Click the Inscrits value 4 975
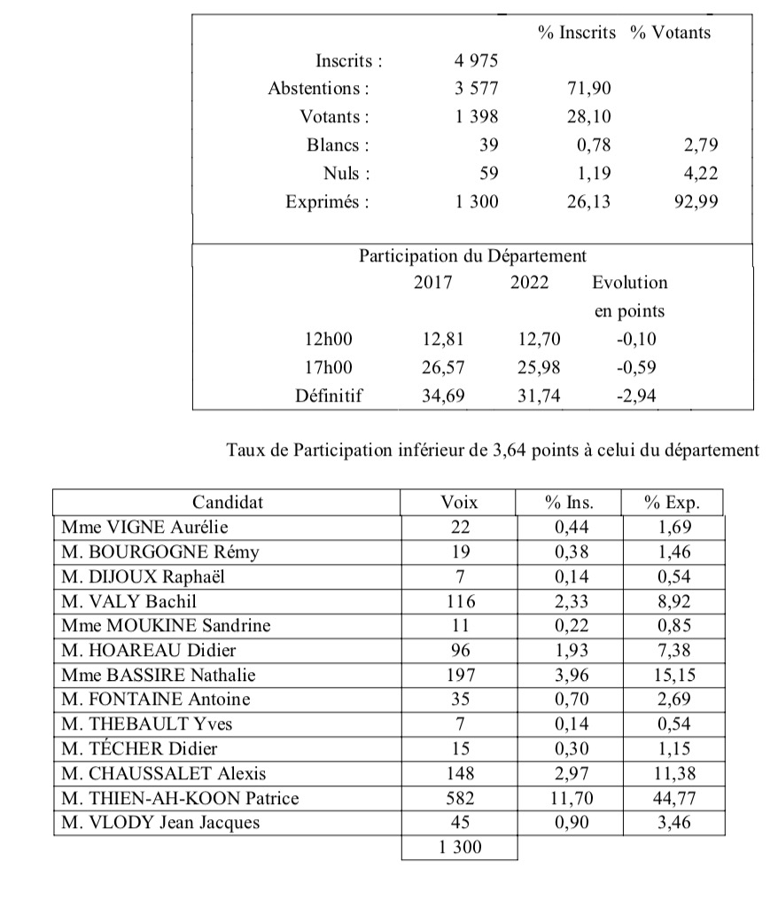(477, 61)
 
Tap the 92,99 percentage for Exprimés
(696, 202)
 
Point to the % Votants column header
(670, 33)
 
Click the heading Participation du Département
(472, 256)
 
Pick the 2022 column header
(530, 283)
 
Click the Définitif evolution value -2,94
(636, 396)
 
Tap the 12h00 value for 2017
(442, 339)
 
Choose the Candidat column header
(228, 503)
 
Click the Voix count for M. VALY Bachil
(459, 602)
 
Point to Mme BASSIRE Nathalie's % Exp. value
(673, 675)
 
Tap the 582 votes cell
(459, 798)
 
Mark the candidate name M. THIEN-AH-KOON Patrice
(180, 798)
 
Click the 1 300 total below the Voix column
(460, 848)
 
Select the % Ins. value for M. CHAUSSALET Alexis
(569, 773)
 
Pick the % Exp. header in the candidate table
(673, 503)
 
